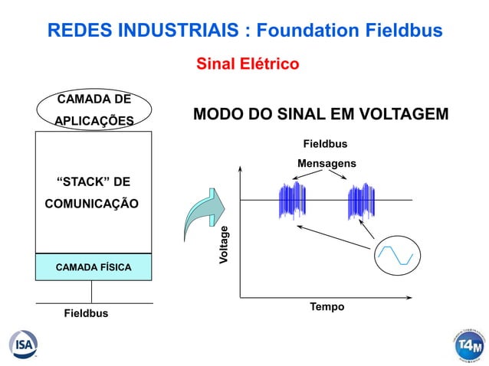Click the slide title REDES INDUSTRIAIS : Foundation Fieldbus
point(244,31)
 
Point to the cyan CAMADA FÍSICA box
point(94,266)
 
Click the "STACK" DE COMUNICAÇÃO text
point(94,193)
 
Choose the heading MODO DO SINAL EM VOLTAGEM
point(320,115)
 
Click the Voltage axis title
point(224,246)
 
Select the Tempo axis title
point(327,307)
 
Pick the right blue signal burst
point(361,201)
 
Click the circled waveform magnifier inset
point(397,255)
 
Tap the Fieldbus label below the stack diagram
point(85,314)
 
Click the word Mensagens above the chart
point(327,163)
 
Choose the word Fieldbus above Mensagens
point(326,144)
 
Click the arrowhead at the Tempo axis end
point(421,296)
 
